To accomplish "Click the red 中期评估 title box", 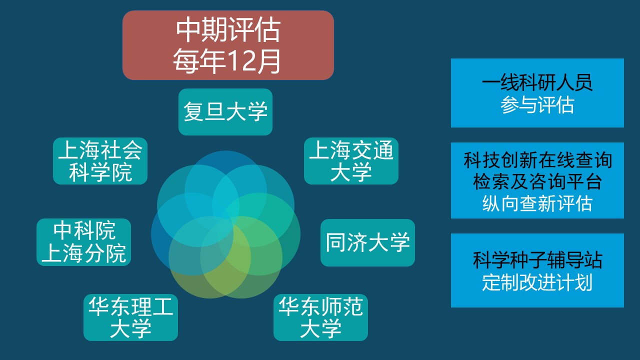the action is (x=228, y=45).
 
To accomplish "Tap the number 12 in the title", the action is (x=243, y=61).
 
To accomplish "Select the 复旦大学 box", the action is (x=225, y=111).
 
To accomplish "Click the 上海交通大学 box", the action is (x=351, y=161).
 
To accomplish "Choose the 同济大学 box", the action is (x=367, y=242).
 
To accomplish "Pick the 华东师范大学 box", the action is (x=320, y=317).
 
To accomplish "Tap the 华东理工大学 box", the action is (x=130, y=317).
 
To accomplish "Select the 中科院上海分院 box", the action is (x=83, y=242).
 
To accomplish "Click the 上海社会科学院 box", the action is (x=100, y=161).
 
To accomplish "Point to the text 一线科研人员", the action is (x=537, y=83).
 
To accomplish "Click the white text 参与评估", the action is (x=537, y=105).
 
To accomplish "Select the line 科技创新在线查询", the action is (x=537, y=160).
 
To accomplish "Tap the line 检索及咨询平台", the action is (x=537, y=181).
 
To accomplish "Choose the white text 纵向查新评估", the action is (x=537, y=203).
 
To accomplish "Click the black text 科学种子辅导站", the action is (x=537, y=260).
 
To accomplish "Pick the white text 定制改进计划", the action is (x=537, y=282).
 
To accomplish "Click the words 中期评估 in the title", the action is (x=228, y=29).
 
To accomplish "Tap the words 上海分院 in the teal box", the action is (x=83, y=253).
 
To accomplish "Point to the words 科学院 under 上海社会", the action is (x=100, y=172).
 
